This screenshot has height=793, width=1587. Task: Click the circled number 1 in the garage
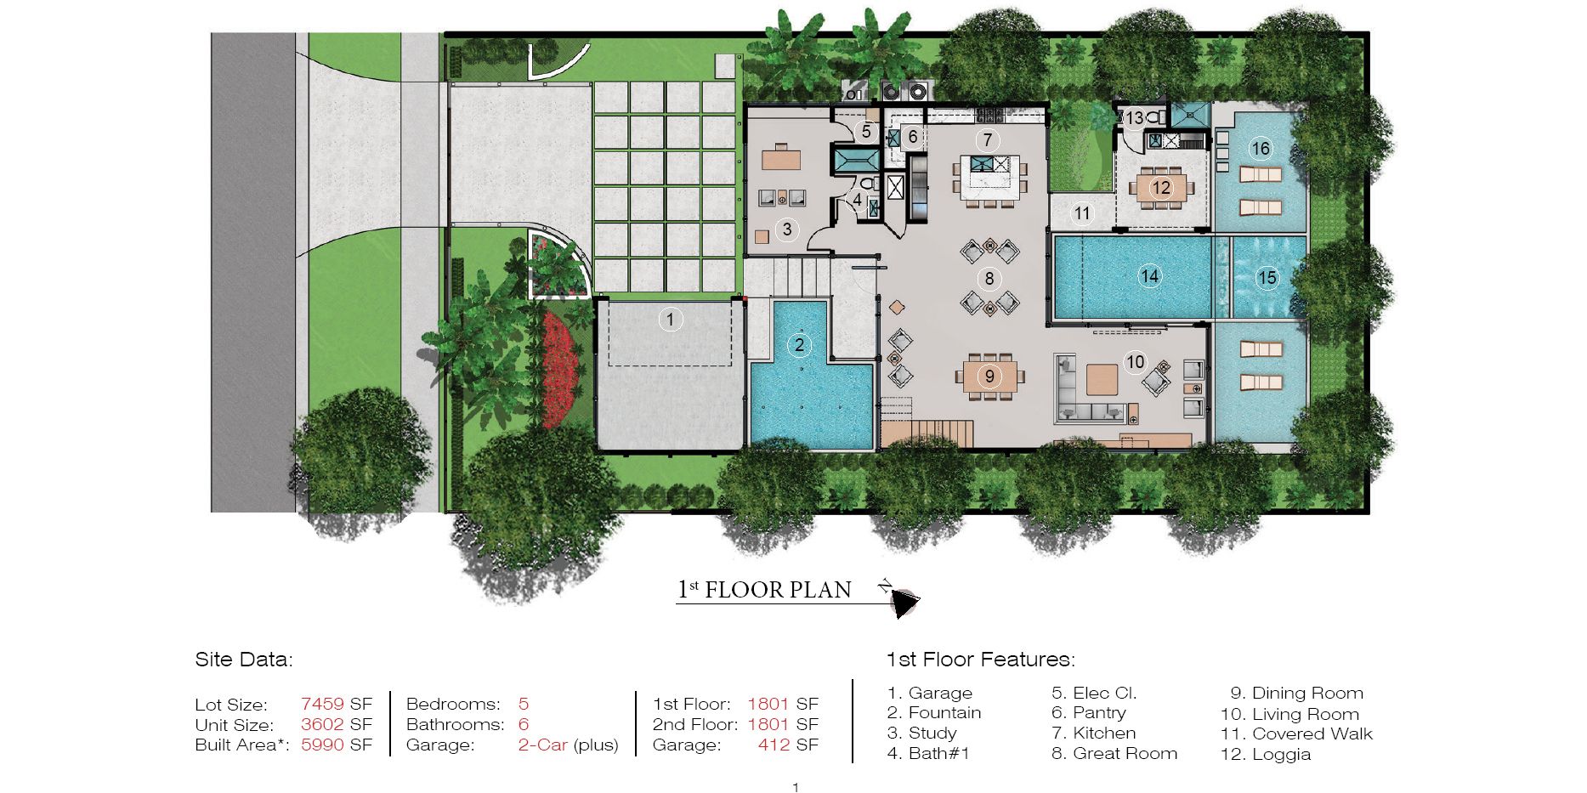click(670, 320)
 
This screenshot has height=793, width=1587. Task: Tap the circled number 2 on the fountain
click(799, 344)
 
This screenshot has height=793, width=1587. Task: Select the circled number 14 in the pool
click(1149, 276)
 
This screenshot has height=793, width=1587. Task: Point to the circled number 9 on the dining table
click(989, 376)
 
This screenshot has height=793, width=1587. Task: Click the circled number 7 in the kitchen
click(987, 140)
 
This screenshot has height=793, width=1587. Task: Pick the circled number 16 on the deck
click(1260, 149)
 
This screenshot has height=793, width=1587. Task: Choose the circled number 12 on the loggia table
click(1161, 188)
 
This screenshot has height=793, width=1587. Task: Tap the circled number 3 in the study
click(787, 229)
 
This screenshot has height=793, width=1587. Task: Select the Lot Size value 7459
click(322, 704)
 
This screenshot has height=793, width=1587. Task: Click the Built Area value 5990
click(322, 745)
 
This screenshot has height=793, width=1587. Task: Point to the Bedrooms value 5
click(524, 704)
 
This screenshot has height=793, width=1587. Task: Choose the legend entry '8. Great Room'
click(1114, 753)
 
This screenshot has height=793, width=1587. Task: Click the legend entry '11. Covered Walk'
click(1296, 734)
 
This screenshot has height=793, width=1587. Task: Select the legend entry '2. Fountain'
click(934, 712)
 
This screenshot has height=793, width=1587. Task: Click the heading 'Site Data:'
click(244, 660)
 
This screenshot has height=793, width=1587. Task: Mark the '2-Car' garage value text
click(542, 745)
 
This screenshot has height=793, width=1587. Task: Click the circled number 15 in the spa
click(1267, 278)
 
